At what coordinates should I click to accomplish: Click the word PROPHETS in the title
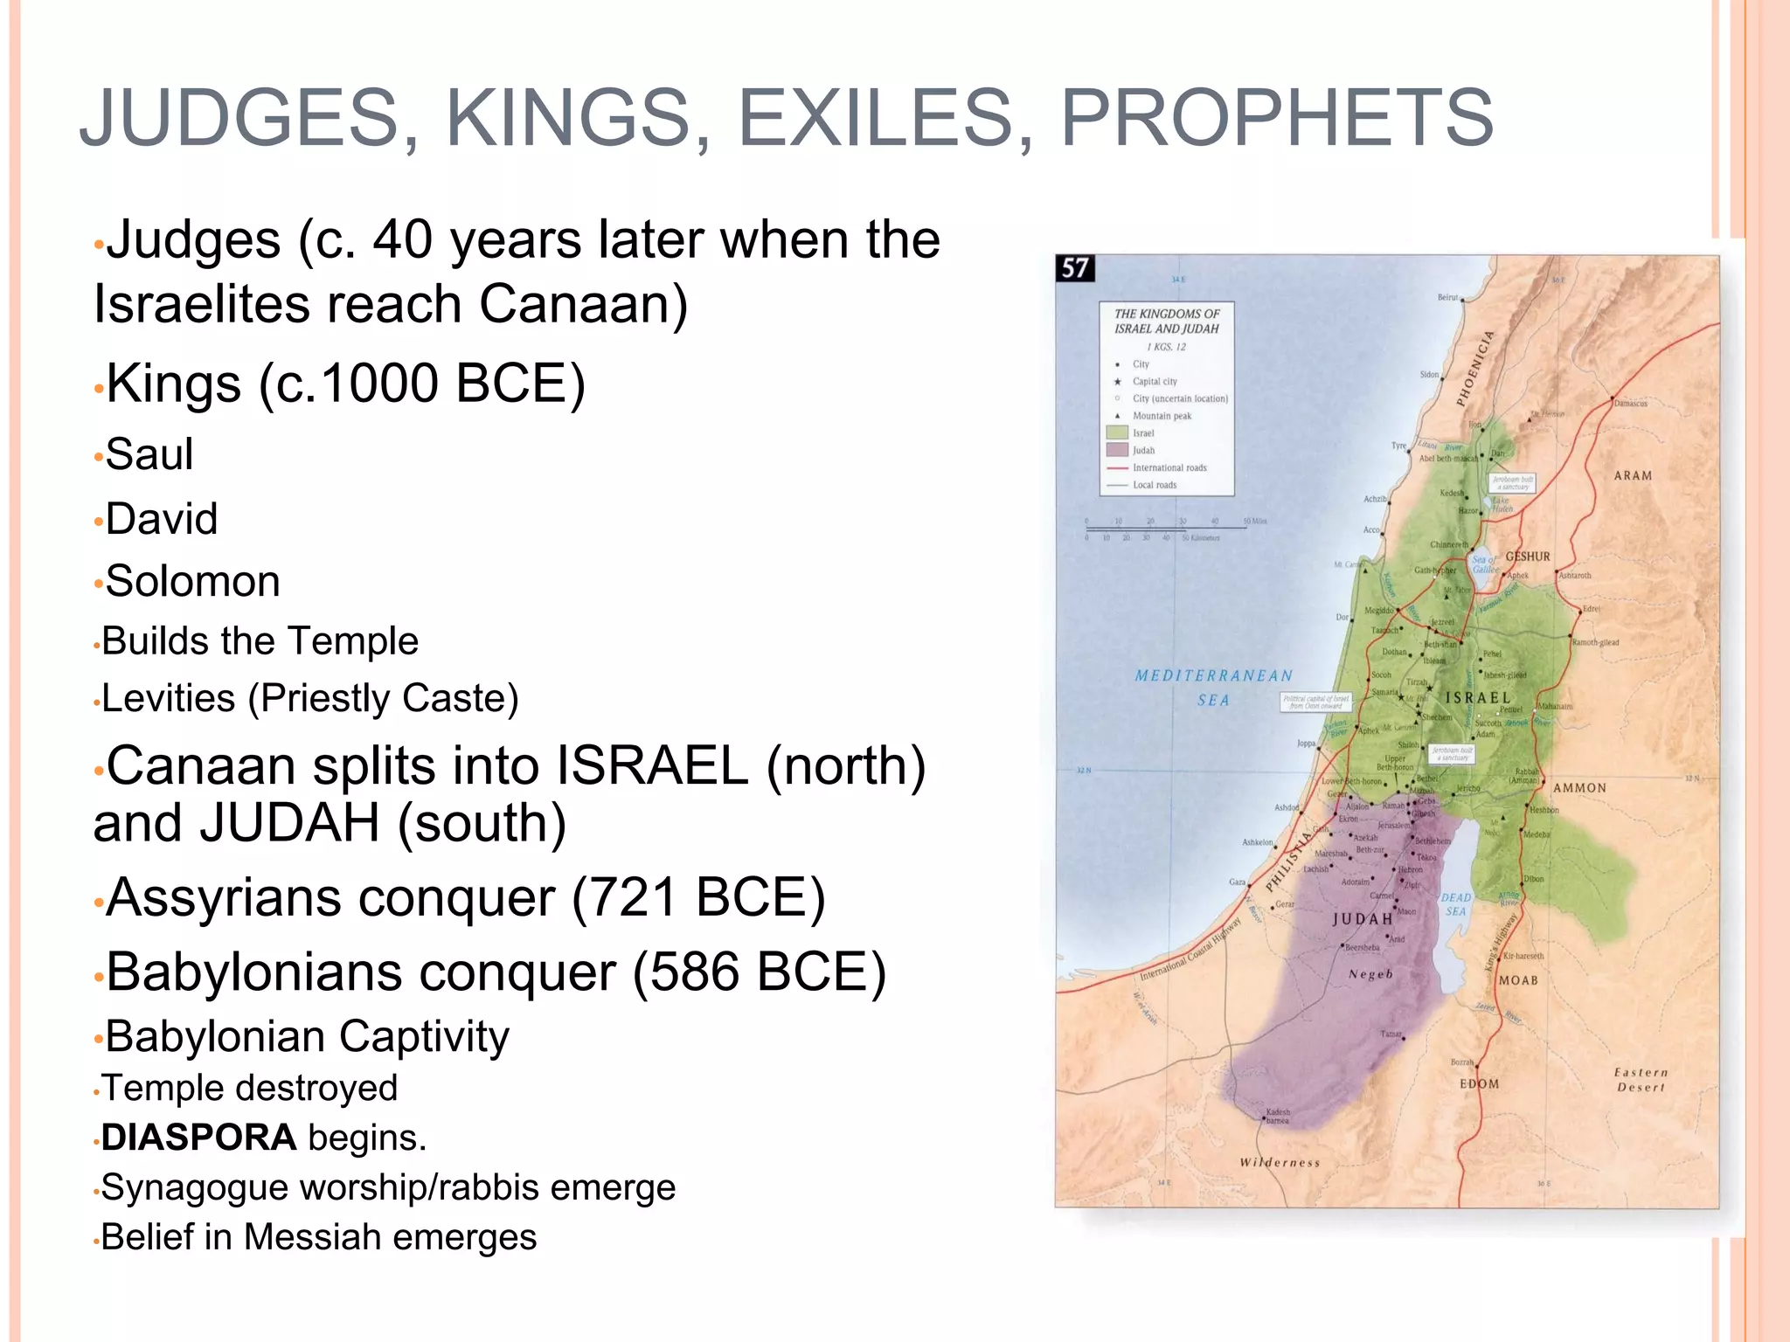[x=1276, y=118]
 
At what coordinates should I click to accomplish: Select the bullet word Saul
[x=149, y=454]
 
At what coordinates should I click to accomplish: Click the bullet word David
[x=162, y=519]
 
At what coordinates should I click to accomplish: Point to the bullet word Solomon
[x=192, y=582]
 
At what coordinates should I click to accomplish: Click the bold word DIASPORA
[x=198, y=1138]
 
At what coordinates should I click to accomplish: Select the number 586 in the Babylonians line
[x=695, y=972]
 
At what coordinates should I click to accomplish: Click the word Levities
[x=169, y=699]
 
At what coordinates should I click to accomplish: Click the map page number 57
[x=1074, y=268]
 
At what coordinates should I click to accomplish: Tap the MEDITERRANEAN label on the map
[x=1213, y=675]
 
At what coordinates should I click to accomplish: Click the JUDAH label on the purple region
[x=1362, y=919]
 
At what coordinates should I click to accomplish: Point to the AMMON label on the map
[x=1579, y=788]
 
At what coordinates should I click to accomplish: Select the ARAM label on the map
[x=1633, y=476]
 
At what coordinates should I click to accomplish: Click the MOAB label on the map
[x=1518, y=980]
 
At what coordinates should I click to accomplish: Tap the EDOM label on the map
[x=1479, y=1083]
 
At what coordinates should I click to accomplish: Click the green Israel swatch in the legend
[x=1117, y=432]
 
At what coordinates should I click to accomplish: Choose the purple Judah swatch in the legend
[x=1117, y=450]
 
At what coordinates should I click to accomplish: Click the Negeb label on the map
[x=1370, y=974]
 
